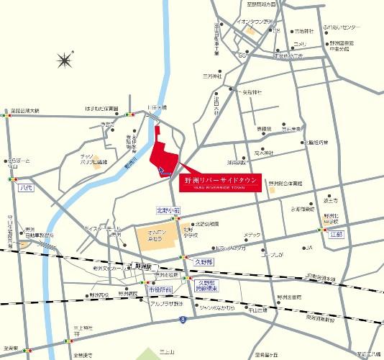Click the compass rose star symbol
[x=65, y=58]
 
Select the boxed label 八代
[x=27, y=187]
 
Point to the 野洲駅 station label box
[x=145, y=266]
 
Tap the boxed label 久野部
[x=205, y=262]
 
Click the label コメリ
[x=299, y=44]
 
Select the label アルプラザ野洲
[x=168, y=303]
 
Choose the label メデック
[x=252, y=235]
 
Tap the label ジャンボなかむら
[x=216, y=308]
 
